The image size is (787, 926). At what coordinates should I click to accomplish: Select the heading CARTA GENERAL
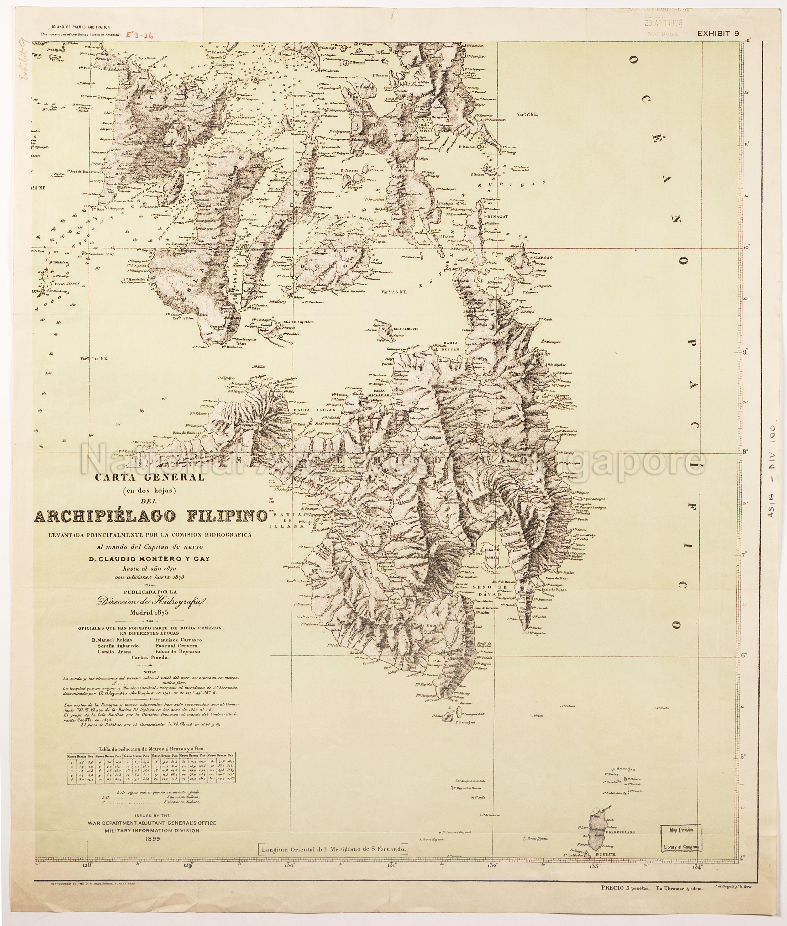[150, 477]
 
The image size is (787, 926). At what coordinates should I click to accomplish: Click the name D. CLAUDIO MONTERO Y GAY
[151, 559]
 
